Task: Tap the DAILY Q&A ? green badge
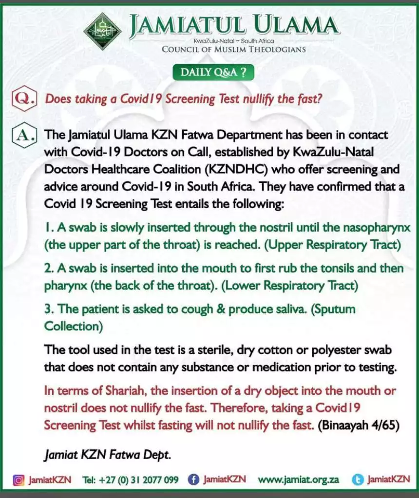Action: click(x=213, y=72)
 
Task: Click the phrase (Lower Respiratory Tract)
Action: click(x=290, y=285)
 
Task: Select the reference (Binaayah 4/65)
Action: click(x=359, y=425)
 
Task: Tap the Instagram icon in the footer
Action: click(x=19, y=480)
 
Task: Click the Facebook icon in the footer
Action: click(x=193, y=480)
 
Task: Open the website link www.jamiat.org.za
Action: click(x=298, y=480)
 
